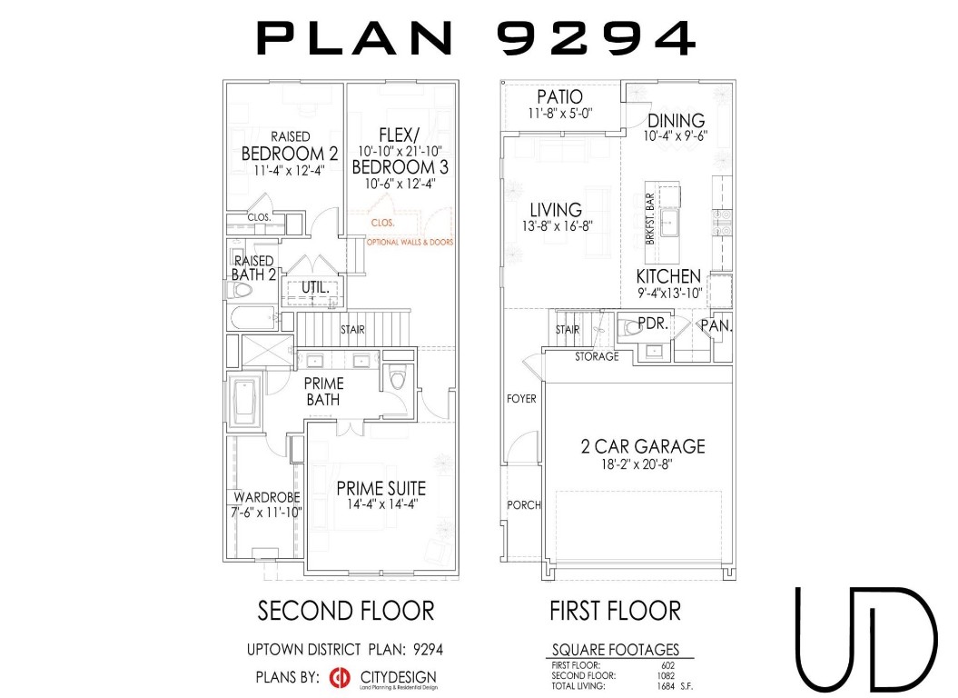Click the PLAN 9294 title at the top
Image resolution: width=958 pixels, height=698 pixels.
coord(478,38)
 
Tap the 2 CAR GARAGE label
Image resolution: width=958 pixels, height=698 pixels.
coord(643,446)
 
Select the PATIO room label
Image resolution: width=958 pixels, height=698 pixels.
coord(559,97)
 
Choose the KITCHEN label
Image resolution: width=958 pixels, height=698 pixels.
coord(667,276)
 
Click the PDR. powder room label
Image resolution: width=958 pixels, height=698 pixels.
coord(653,324)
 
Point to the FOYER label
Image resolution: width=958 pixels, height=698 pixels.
coord(521,398)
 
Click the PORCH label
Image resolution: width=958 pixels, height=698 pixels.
coord(523,504)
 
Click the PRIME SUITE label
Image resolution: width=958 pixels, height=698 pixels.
coord(380,488)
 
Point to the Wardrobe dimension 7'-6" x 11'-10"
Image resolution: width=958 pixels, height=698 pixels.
coord(268,513)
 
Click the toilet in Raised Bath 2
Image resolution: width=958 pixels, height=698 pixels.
coord(241,290)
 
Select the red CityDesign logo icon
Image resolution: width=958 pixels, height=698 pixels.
coord(340,677)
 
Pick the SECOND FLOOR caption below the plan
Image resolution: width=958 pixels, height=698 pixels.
coord(346,610)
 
